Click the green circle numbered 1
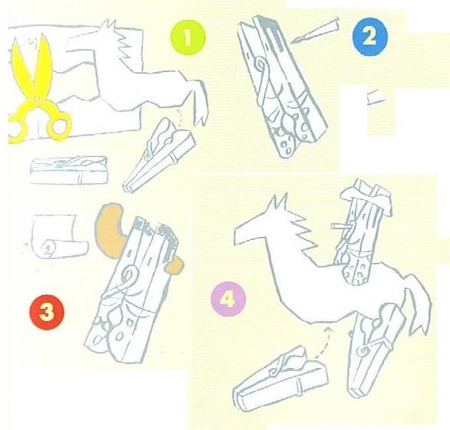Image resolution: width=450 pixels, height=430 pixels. pos(188,38)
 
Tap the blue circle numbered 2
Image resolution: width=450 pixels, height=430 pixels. pos(369,36)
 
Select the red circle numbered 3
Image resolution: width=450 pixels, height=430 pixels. pos(47,312)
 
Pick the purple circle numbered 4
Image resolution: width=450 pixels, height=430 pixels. pos(228,299)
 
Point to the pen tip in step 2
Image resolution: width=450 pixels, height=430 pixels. pos(293,42)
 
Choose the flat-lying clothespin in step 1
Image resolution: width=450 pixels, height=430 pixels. pos(69,170)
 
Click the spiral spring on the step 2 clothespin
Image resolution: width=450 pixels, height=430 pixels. pos(260,64)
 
